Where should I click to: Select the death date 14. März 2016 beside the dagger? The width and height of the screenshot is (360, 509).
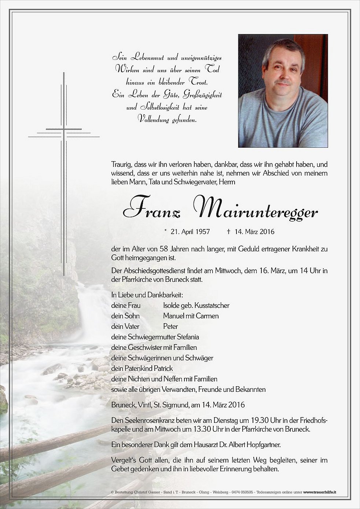coord(253,232)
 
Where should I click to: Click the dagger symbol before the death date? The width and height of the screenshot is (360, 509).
coord(228,232)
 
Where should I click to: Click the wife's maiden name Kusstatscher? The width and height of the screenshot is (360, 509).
coord(212,305)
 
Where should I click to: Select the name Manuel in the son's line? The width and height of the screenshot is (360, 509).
coord(173,316)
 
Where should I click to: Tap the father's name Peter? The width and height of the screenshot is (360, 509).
coord(170,326)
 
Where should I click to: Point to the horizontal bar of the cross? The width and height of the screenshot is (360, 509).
coord(64,129)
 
